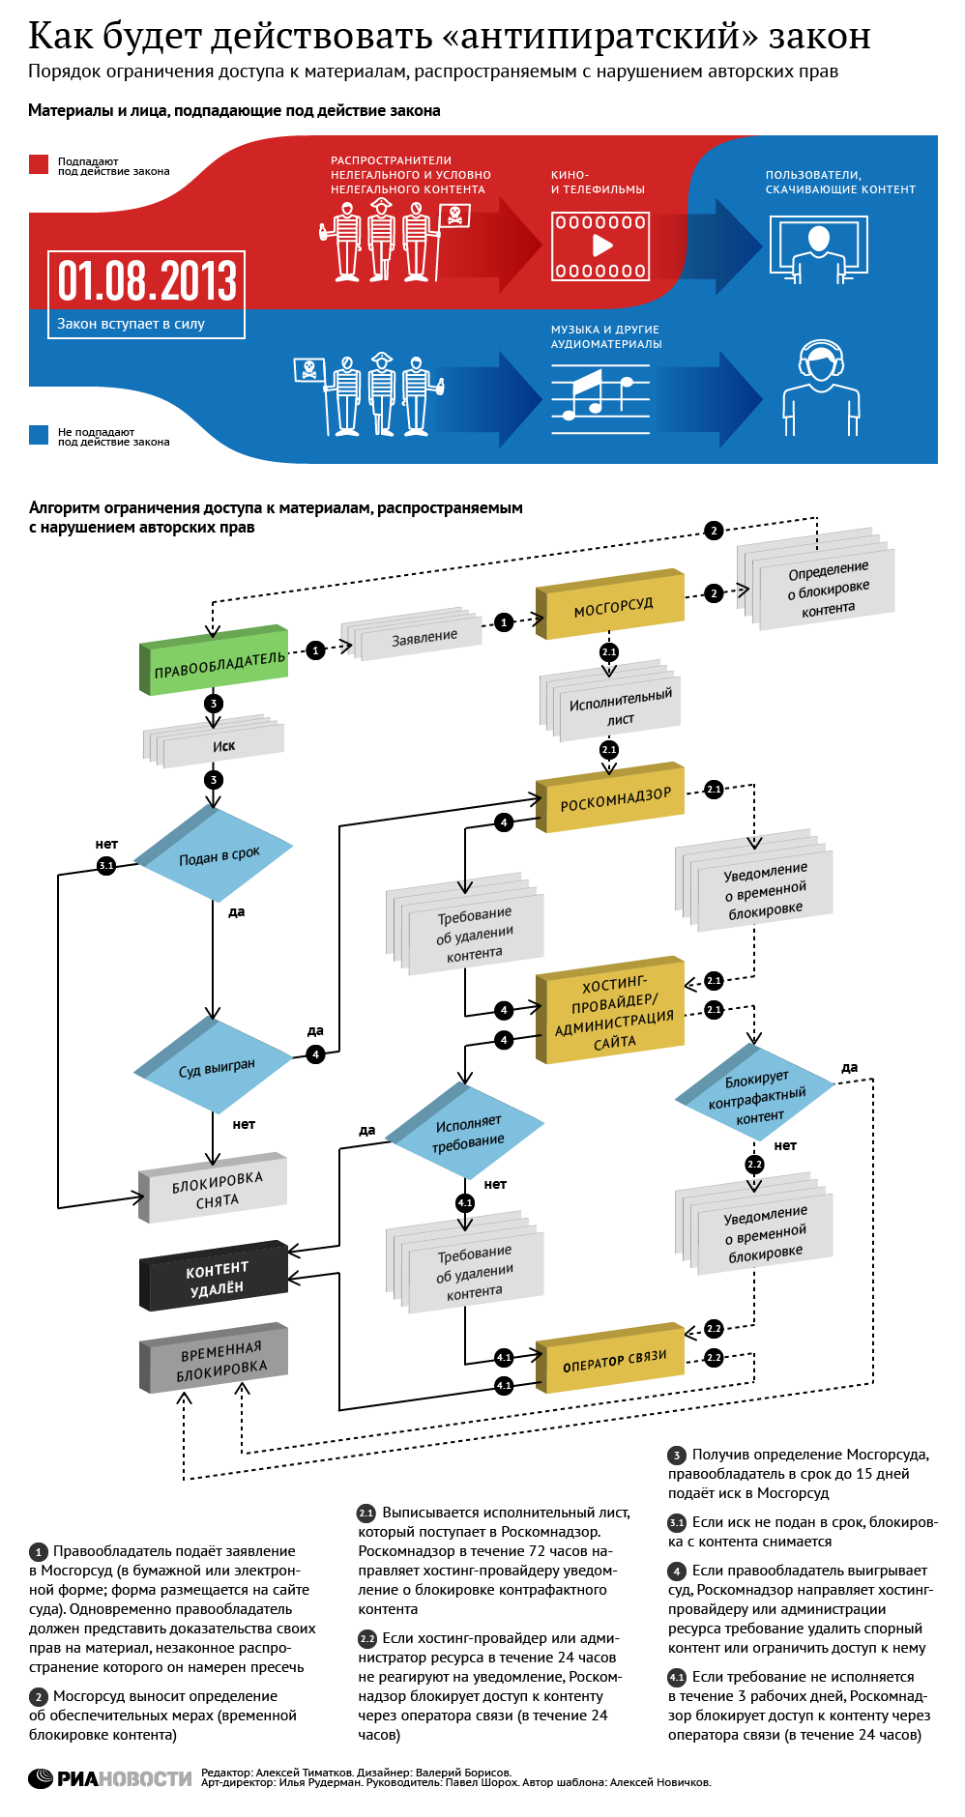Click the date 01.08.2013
tap(147, 281)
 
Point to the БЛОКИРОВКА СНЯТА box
tap(215, 1189)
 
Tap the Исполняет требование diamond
tap(468, 1132)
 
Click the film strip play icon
tap(600, 246)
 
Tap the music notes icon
tap(599, 393)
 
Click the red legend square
tap(39, 164)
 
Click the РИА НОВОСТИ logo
tap(110, 1778)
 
